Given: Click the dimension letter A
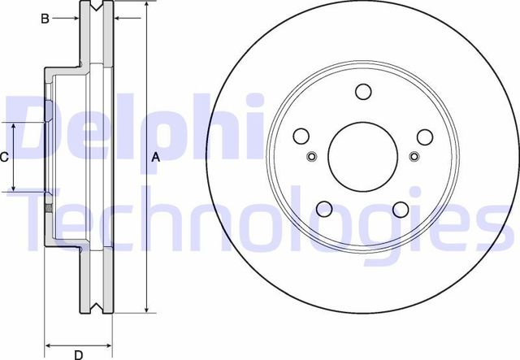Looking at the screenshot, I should coord(156,158).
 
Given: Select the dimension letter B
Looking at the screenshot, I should coord(45,17).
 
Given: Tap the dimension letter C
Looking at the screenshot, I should coord(5,157).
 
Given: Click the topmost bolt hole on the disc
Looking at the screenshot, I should coord(363,91).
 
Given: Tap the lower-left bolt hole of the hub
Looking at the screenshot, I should coord(325,208).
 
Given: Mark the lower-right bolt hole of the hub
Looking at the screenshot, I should coord(400,209).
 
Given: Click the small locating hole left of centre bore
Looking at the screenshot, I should coord(312,157).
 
